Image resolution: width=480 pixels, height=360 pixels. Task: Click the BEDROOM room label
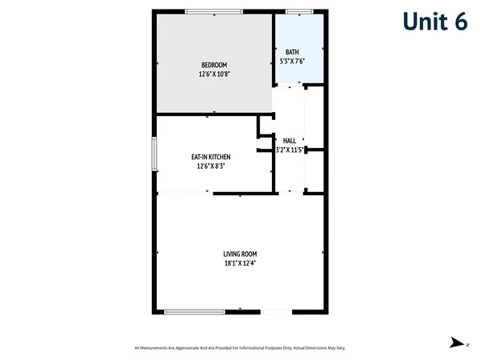(x=214, y=65)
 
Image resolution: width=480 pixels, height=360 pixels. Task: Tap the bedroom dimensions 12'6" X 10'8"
(x=214, y=74)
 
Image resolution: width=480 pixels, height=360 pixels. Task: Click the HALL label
(x=289, y=141)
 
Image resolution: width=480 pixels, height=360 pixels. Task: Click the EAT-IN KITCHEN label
(x=210, y=157)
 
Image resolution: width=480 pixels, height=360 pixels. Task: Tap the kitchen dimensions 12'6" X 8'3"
(x=210, y=166)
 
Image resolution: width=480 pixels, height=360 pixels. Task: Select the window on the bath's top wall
(x=299, y=11)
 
